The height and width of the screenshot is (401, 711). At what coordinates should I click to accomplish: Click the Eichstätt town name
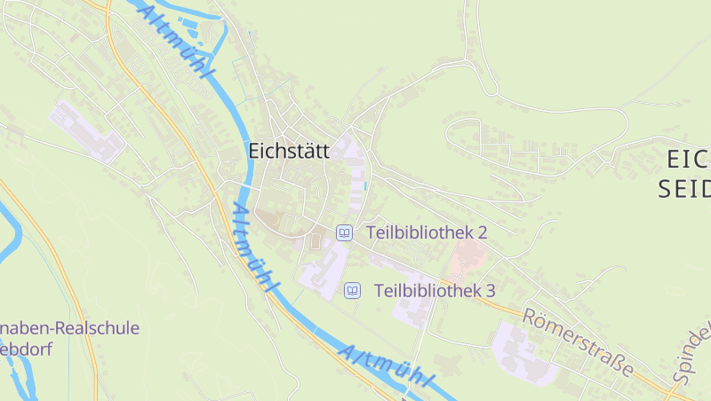point(289,152)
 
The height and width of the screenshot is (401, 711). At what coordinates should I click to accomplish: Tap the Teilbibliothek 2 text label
point(427,233)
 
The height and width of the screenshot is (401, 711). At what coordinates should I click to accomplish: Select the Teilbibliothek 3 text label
point(435,290)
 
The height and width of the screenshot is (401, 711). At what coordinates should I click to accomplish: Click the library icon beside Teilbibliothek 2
point(344,233)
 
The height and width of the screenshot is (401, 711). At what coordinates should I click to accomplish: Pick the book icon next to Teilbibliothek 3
point(353,290)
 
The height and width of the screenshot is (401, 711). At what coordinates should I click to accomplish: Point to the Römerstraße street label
point(578,342)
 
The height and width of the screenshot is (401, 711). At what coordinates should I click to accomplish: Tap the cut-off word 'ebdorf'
point(27,349)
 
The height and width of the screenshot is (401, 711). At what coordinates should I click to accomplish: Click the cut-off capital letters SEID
point(684,189)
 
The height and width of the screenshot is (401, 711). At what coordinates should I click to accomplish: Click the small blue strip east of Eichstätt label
point(365,185)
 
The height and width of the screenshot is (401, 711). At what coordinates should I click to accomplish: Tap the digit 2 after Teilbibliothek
point(483,233)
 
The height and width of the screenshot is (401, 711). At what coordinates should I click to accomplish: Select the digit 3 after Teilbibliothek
point(490,290)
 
